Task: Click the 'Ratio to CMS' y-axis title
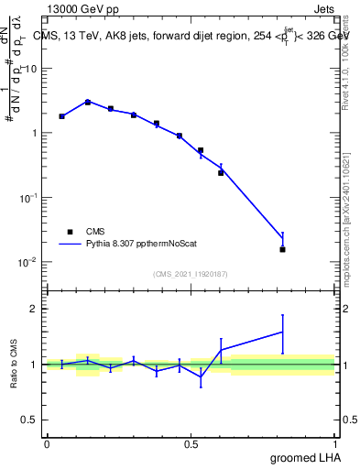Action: tap(15, 365)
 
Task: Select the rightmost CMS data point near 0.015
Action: tap(282, 249)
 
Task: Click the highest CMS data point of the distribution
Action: tap(88, 103)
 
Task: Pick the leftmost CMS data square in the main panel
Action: tap(61, 116)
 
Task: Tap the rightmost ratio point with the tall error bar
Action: tap(282, 332)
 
